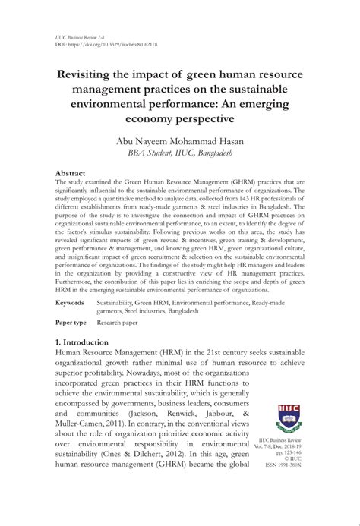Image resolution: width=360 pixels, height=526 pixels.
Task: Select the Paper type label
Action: coord(73,322)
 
